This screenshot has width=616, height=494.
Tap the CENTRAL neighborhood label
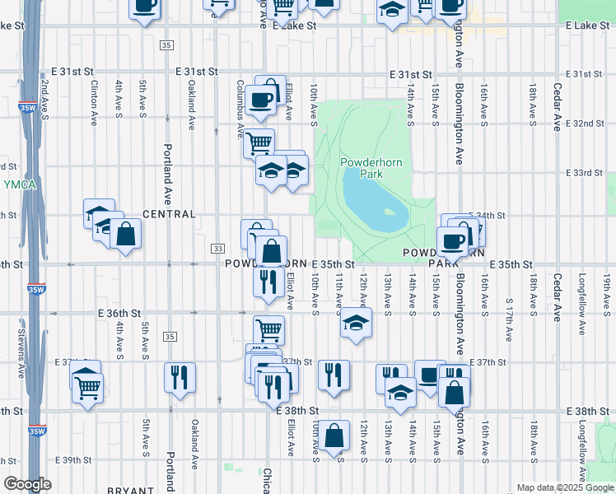[x=169, y=214]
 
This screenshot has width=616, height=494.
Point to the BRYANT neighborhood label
[x=130, y=489]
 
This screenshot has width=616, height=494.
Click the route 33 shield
[x=217, y=249]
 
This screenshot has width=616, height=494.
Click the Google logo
[x=28, y=484]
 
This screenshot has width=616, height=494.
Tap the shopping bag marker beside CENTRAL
[x=126, y=234]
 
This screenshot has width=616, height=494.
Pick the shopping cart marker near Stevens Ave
[x=87, y=387]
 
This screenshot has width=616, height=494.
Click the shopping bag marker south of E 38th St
[x=334, y=436]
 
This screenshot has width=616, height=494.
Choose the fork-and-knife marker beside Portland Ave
[x=180, y=378]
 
